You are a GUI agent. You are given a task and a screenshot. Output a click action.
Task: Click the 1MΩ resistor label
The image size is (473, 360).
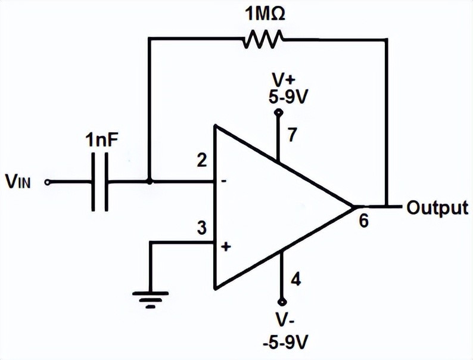coord(263,14)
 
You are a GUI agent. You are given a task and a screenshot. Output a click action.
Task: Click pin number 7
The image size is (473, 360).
coord(291,135)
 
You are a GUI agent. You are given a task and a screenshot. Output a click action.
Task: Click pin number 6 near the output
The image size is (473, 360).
coord(364,221)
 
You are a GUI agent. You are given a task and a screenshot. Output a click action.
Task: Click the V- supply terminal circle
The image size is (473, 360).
coord(278,302)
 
